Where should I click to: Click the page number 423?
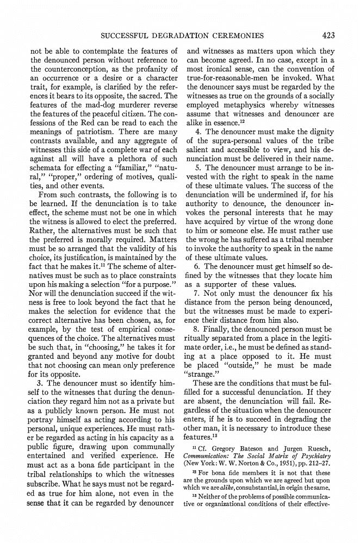[328, 36]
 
